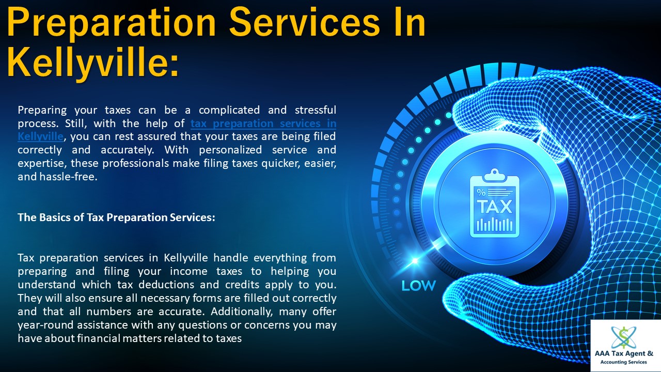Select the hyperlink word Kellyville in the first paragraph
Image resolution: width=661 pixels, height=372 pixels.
40,136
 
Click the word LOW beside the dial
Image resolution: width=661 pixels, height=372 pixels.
418,285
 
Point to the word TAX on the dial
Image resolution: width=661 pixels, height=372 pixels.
494,207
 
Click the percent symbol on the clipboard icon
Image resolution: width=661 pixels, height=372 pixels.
481,193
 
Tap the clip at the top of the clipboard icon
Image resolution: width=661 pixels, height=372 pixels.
494,174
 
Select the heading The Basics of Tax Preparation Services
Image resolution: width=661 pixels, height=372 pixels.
116,218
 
